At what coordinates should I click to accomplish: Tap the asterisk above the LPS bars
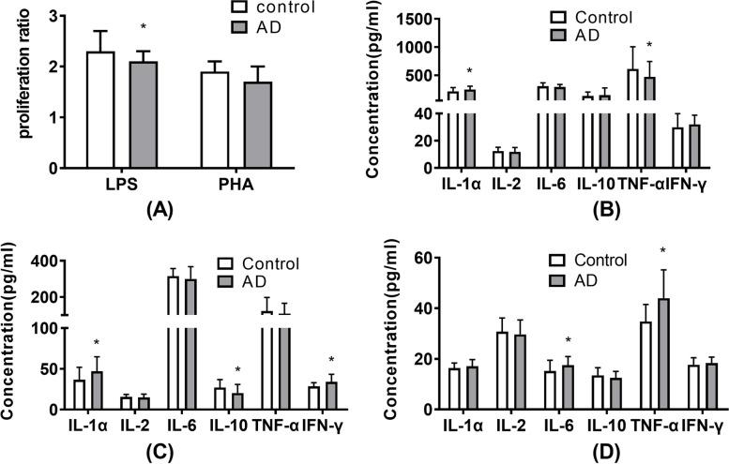tap(140, 43)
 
